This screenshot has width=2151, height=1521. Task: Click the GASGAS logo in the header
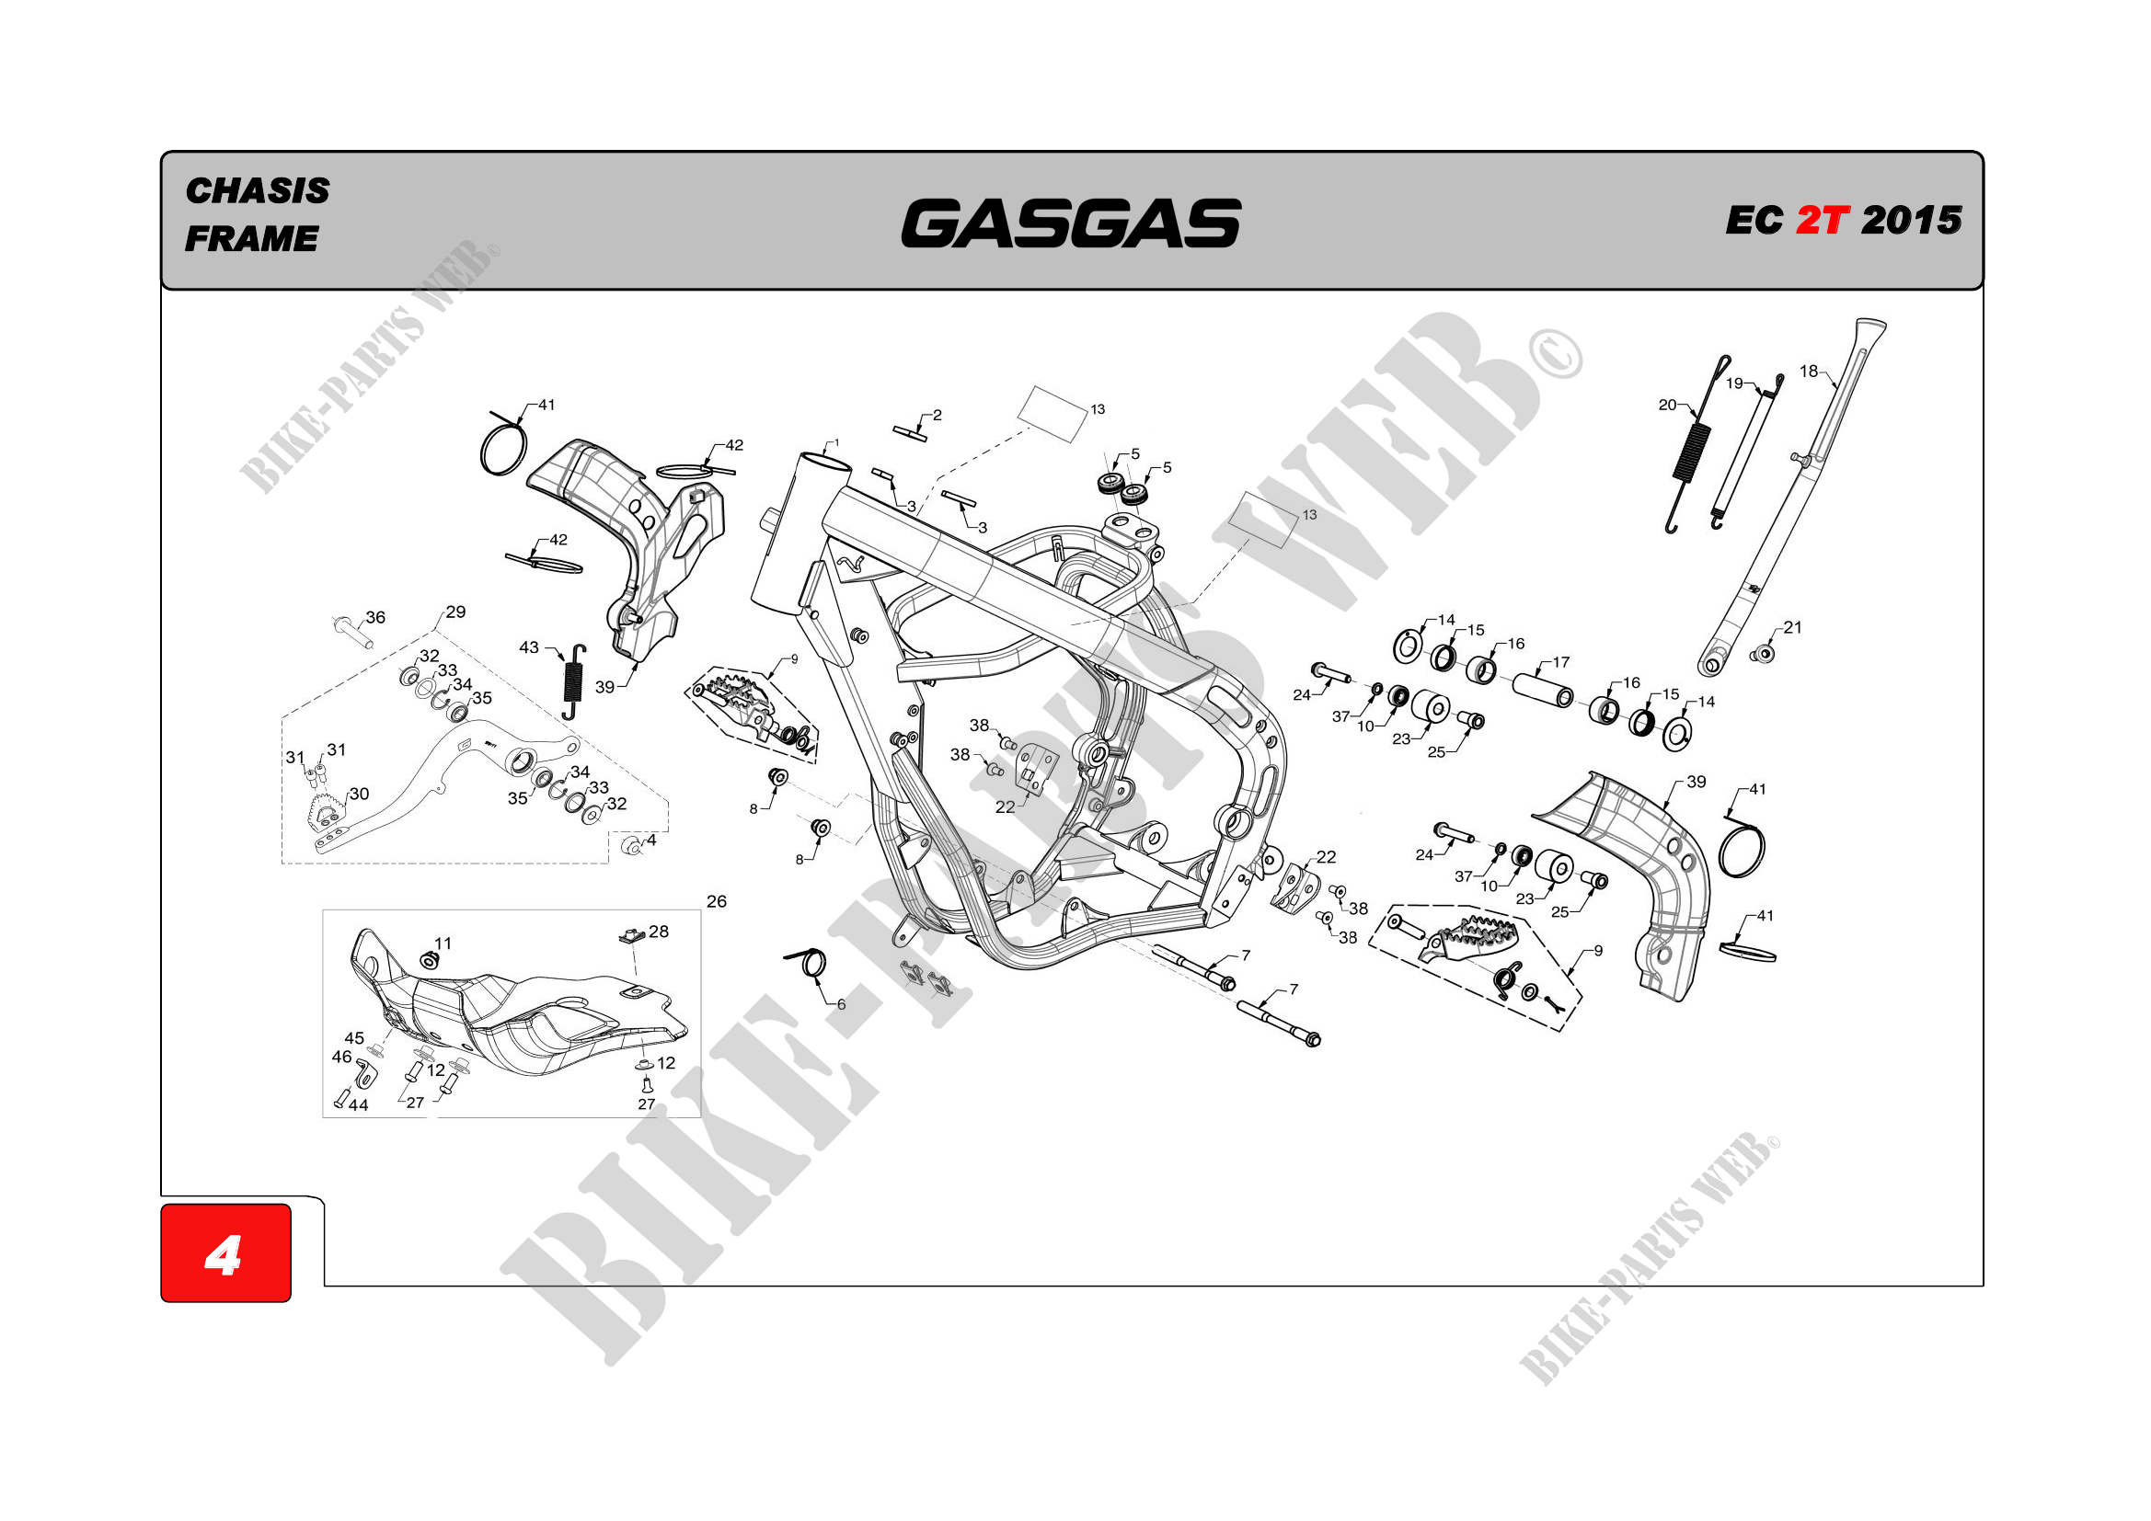[1070, 223]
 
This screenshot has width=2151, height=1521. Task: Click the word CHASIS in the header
[258, 191]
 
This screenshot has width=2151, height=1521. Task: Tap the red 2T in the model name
[1823, 221]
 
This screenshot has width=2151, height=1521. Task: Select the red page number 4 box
[225, 1253]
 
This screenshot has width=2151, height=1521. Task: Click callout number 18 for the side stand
[1808, 372]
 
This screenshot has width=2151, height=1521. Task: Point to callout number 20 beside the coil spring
[1668, 406]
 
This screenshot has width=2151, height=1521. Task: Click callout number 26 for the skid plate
[717, 901]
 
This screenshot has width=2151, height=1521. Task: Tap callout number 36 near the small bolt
[375, 617]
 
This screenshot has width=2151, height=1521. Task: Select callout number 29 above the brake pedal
[455, 612]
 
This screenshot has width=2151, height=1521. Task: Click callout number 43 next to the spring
[529, 647]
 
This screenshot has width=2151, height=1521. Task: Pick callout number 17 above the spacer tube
[1560, 662]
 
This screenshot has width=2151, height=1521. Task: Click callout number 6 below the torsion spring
[841, 1004]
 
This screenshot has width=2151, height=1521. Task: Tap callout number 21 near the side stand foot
[1792, 627]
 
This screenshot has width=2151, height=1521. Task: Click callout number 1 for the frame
[835, 443]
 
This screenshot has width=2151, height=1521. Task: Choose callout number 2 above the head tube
[937, 415]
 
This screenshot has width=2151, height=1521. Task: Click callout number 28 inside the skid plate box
[659, 931]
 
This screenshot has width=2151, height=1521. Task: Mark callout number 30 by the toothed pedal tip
[359, 794]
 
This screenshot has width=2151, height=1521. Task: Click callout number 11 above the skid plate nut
[443, 943]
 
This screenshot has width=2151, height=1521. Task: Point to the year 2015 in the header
[1911, 221]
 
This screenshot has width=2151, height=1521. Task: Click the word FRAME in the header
[251, 239]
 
